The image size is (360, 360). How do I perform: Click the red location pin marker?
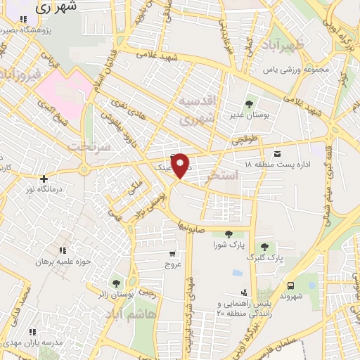181,165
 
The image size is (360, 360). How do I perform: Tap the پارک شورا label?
228,245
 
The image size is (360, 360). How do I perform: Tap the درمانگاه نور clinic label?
44,190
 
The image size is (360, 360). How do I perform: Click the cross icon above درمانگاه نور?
44,179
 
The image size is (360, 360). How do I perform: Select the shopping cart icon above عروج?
173,254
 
